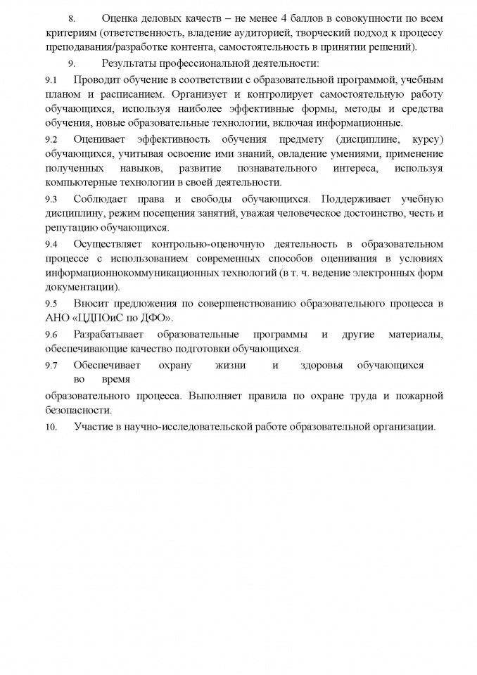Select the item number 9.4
click(51, 244)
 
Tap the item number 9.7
click(51, 366)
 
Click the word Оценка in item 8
click(120, 17)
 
